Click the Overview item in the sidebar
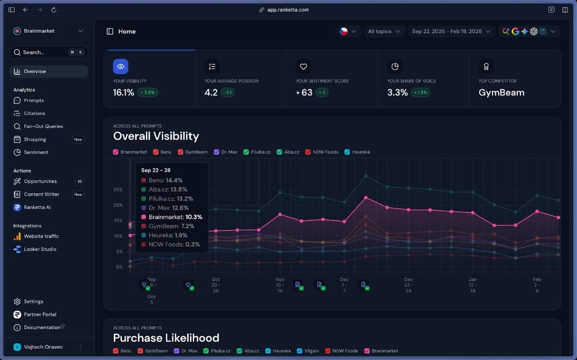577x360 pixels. [35, 72]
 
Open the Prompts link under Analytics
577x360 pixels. [34, 100]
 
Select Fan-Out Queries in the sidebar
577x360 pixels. [43, 126]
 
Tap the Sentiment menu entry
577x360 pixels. [36, 152]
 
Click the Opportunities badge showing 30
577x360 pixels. [79, 181]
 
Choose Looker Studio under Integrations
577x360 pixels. [40, 249]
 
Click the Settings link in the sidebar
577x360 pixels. [33, 301]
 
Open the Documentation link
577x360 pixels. [42, 327]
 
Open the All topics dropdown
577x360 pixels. [384, 32]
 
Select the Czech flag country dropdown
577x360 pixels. [348, 32]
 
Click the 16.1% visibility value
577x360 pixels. [123, 92]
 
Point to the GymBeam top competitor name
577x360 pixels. [501, 92]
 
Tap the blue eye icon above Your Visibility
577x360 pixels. [121, 66]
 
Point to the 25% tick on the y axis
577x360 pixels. [118, 190]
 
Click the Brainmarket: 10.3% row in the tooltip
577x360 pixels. [172, 217]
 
